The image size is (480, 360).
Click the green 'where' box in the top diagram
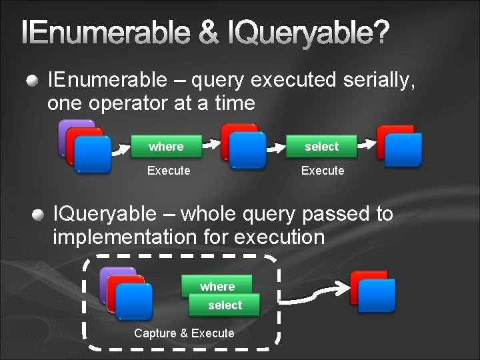coord(166,146)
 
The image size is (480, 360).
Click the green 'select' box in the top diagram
coord(322,146)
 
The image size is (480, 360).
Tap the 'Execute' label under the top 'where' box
coord(169,171)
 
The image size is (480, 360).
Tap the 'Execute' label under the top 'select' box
coord(323,171)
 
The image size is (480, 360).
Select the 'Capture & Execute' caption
coord(184,333)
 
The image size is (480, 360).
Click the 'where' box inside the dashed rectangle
coord(217,286)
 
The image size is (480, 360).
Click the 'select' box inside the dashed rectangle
coord(225,305)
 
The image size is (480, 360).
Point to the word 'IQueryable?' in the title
coord(310,33)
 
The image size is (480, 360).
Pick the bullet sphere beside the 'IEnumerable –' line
coord(32,81)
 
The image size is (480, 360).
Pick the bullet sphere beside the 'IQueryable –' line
coord(39,215)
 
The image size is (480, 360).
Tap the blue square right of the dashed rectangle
coord(377,295)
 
